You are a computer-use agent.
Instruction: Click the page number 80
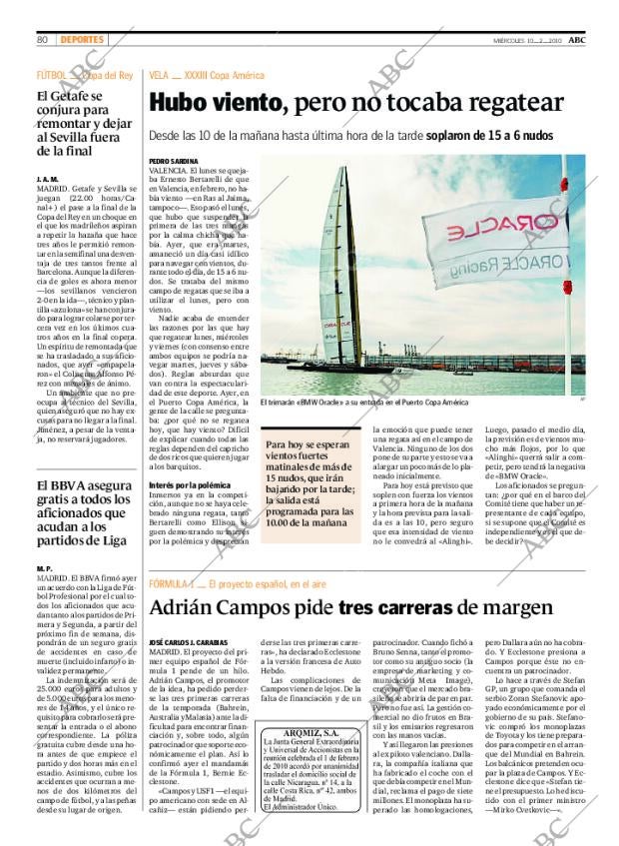[x=43, y=39]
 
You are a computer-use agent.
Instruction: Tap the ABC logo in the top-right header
[x=591, y=38]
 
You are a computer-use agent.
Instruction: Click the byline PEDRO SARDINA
[x=172, y=161]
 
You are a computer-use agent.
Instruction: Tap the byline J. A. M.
[x=47, y=178]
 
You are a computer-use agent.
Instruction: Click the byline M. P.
[x=44, y=568]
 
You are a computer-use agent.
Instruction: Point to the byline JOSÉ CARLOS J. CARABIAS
[x=190, y=642]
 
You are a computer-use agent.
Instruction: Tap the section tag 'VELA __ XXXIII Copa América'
[x=206, y=75]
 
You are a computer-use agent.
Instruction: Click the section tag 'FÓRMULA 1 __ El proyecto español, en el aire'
[x=249, y=583]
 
